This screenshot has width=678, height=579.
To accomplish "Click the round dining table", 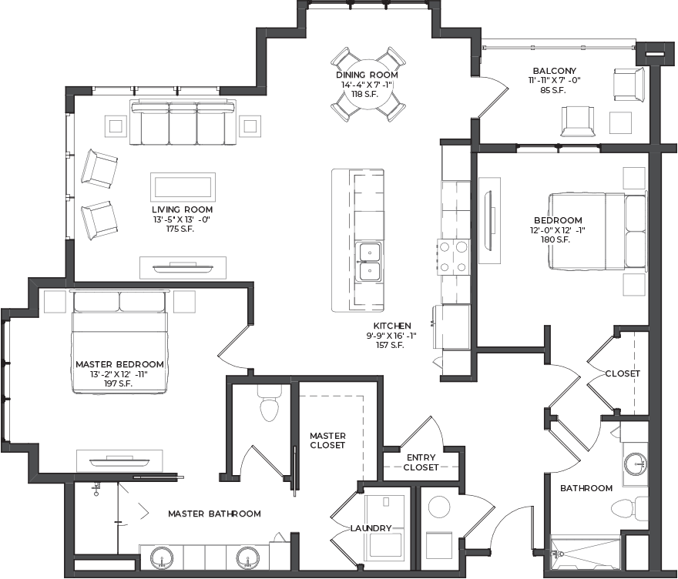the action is click(368, 84).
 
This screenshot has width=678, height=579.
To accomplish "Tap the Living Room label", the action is click(182, 209).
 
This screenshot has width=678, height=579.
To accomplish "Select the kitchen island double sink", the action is click(368, 262).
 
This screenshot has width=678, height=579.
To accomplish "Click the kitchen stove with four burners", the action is click(454, 257).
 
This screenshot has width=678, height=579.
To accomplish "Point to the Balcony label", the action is click(554, 70).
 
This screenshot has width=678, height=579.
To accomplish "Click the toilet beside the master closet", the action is click(269, 403).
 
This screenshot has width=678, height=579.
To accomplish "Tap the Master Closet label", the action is click(327, 440).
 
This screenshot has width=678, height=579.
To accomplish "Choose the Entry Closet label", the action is click(421, 462).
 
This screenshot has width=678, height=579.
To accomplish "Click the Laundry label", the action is click(371, 528).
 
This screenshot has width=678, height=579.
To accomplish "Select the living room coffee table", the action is click(183, 187).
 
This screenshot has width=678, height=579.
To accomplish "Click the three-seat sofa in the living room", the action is click(183, 122).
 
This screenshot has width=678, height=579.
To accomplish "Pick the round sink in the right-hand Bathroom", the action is click(635, 464).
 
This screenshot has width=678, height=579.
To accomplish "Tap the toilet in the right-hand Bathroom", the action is click(629, 508).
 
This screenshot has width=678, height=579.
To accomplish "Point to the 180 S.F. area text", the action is click(555, 239).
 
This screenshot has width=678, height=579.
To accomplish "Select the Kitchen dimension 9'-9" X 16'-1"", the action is click(391, 336).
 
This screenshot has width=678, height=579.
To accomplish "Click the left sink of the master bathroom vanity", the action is click(163, 558).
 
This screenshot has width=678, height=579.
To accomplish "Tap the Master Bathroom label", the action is click(214, 514).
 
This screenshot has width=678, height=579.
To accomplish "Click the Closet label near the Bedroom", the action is click(623, 373).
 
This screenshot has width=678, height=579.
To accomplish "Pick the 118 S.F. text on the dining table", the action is click(364, 94).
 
